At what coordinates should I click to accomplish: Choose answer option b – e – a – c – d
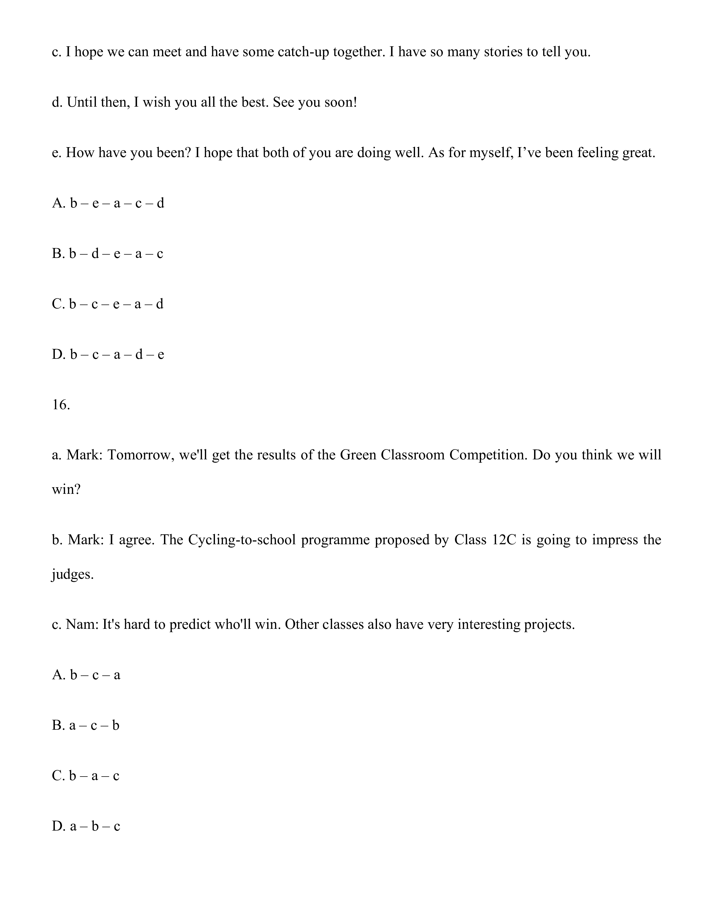pos(108,203)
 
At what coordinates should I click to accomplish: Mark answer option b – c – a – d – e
pos(108,355)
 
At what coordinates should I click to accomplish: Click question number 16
pos(61,405)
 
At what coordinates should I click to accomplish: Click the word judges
pos(72,575)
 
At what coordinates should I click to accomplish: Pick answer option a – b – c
pos(86,826)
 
